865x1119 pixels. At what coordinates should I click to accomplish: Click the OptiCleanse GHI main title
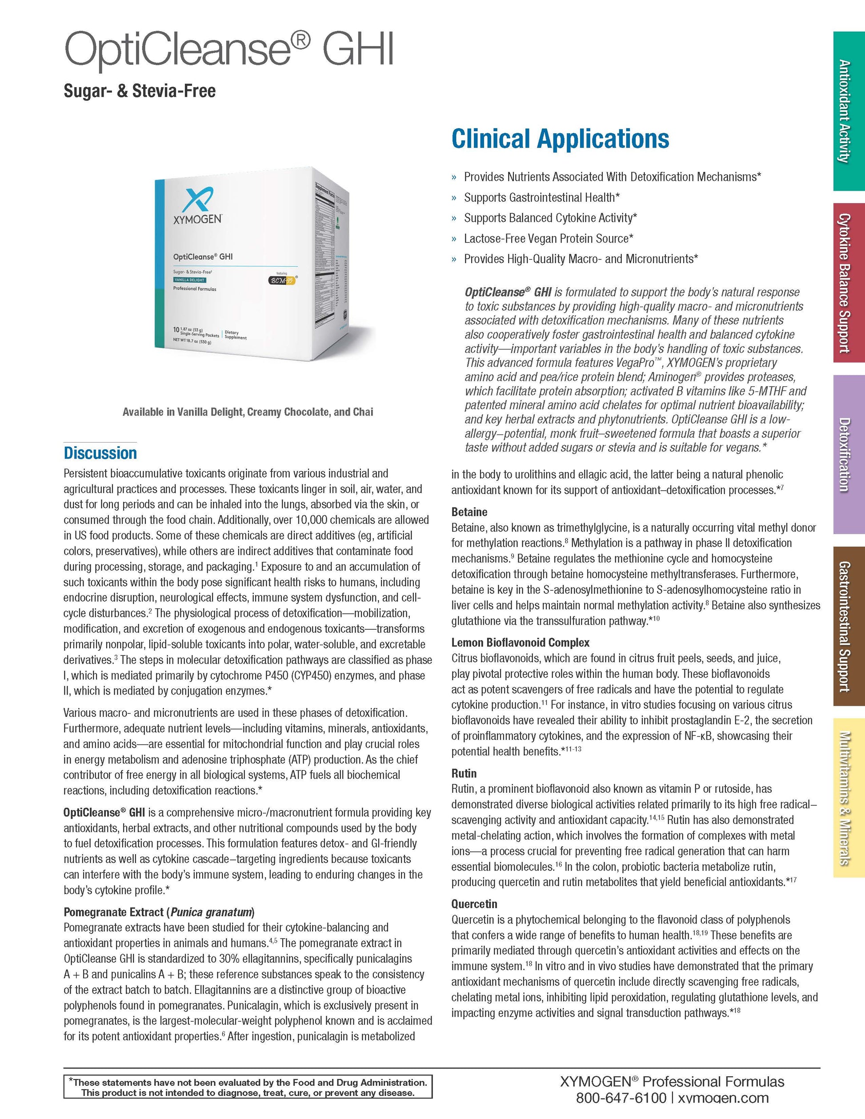(x=228, y=50)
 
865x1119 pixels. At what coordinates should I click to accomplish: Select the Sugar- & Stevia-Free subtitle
(x=140, y=91)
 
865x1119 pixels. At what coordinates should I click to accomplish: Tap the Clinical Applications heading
(x=560, y=139)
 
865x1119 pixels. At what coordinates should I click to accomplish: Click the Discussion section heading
(x=100, y=453)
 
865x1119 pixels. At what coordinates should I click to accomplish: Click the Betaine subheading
(x=469, y=512)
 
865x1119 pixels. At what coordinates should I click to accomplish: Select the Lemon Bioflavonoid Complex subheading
(x=520, y=643)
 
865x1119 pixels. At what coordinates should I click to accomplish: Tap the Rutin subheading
(x=464, y=773)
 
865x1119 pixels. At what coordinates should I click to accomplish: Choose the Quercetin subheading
(x=474, y=904)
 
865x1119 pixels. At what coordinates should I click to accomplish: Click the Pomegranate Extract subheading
(x=159, y=912)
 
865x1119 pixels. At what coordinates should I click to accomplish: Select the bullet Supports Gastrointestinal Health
(x=541, y=197)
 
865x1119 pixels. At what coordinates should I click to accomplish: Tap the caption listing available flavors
(x=248, y=412)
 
